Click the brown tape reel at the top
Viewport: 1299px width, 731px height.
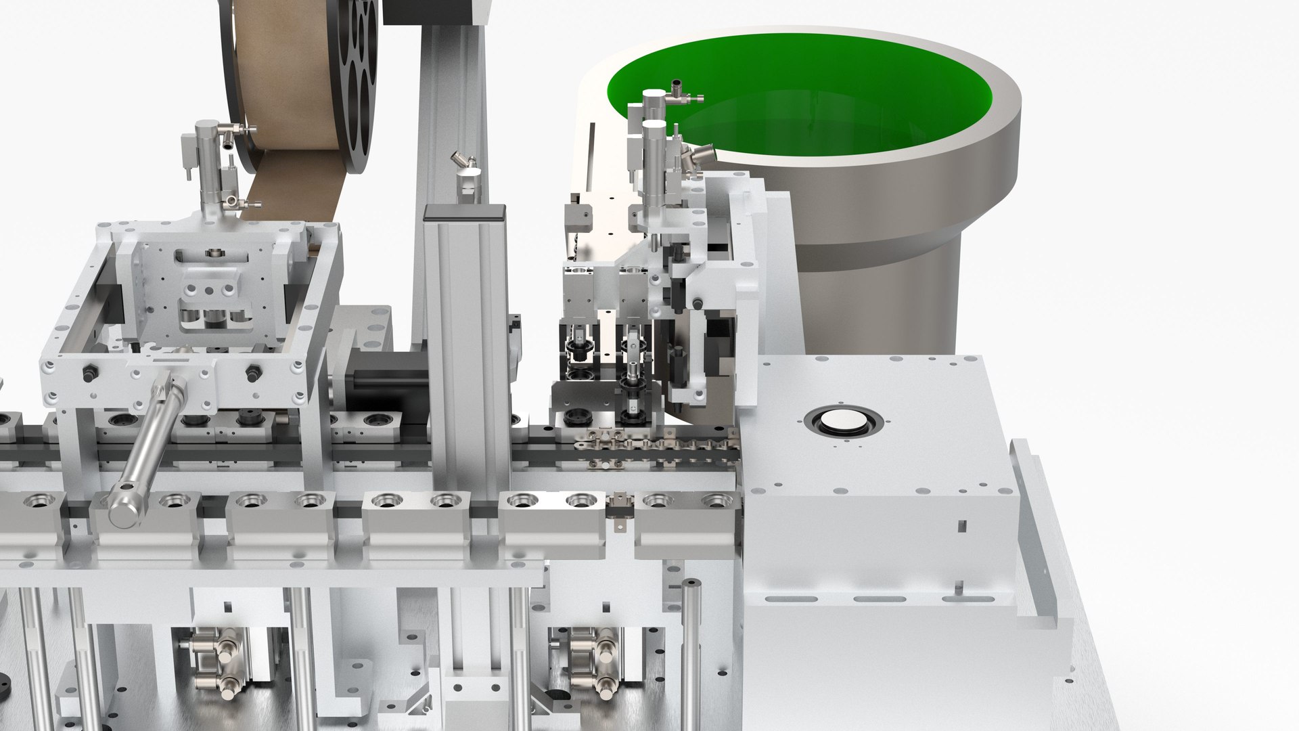coord(284,81)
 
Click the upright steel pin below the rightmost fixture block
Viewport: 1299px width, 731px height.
coord(690,643)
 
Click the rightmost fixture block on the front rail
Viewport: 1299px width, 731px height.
coord(687,518)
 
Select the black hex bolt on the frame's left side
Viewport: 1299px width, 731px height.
coord(88,373)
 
